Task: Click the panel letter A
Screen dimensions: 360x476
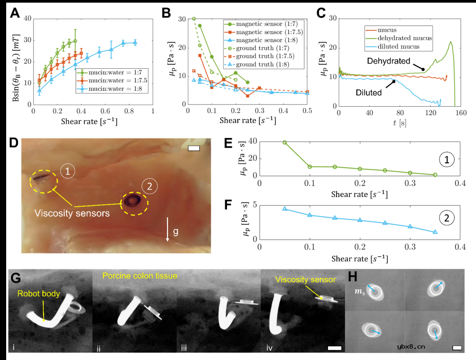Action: point(15,13)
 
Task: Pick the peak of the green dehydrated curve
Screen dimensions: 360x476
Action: point(451,42)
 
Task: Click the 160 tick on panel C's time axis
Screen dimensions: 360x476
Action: point(460,113)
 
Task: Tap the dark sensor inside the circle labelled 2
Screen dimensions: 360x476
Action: point(132,202)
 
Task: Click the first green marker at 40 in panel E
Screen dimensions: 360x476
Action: point(284,142)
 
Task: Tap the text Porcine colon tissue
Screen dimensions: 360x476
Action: point(139,276)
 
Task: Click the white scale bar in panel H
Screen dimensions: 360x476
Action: point(457,348)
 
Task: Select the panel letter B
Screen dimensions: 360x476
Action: point(166,13)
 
